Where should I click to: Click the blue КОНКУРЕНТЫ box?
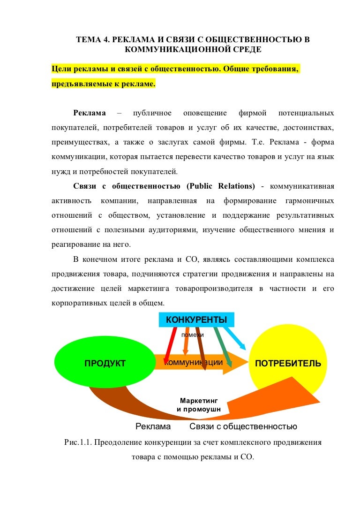pyautogui.click(x=196, y=320)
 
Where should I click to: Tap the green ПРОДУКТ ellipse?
pyautogui.click(x=105, y=363)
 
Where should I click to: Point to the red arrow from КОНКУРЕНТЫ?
pyautogui.click(x=170, y=346)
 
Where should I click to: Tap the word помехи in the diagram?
pyautogui.click(x=192, y=335)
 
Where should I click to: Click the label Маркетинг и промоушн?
pyautogui.click(x=199, y=405)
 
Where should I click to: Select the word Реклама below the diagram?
pyautogui.click(x=153, y=426)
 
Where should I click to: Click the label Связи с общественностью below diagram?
pyautogui.click(x=243, y=426)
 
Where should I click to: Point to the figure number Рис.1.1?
pyautogui.click(x=77, y=442)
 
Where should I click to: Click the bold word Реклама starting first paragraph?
pyautogui.click(x=90, y=113)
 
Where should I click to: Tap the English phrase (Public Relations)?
pyautogui.click(x=221, y=186)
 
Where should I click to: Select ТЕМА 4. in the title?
pyautogui.click(x=93, y=40)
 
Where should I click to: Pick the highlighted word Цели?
pyautogui.click(x=61, y=69)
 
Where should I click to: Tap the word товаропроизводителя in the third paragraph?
pyautogui.click(x=214, y=289)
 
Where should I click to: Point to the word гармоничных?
pyautogui.click(x=310, y=201)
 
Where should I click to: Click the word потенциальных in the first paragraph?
pyautogui.click(x=306, y=113)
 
